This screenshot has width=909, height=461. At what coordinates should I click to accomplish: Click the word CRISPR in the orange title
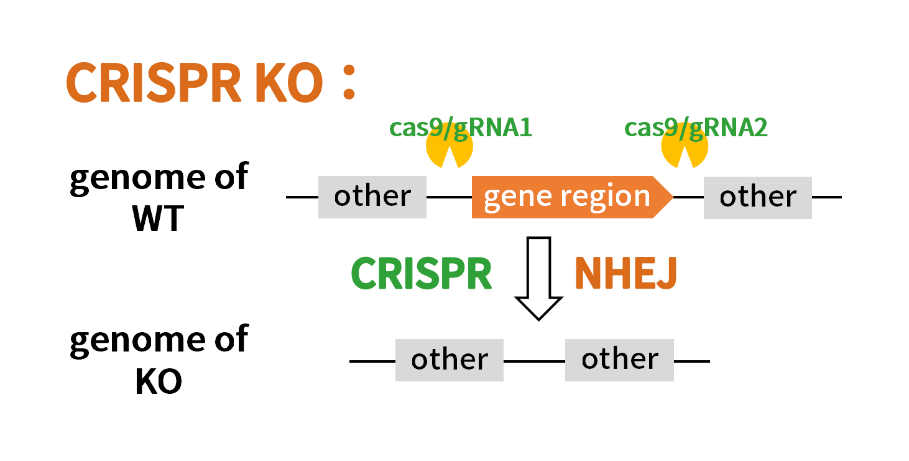(154, 83)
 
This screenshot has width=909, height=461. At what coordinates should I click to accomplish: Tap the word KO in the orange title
(289, 83)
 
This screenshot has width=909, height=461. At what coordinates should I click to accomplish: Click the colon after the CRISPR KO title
(349, 83)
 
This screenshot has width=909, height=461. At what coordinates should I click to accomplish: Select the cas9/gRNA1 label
(461, 128)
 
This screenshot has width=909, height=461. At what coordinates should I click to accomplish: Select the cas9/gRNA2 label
(696, 128)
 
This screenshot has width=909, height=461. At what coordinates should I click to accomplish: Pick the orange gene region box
(572, 197)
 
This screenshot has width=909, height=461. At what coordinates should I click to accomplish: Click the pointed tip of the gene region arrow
(673, 197)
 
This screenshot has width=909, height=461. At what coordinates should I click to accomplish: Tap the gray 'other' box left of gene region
(372, 197)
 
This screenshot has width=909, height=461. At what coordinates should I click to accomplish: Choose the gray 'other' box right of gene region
(758, 198)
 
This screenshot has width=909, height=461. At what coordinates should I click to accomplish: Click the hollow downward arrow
(538, 279)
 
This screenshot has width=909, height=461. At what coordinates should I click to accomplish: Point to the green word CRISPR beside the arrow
(421, 273)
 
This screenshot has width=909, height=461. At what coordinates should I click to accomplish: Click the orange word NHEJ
(625, 273)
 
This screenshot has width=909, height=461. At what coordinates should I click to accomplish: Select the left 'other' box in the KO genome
(450, 360)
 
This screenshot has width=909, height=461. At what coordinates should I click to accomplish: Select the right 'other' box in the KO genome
(619, 360)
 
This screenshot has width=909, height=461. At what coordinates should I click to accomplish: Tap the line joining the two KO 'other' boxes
(534, 361)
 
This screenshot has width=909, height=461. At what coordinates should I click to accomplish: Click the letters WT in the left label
(159, 218)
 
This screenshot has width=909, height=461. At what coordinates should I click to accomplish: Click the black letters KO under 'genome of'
(159, 381)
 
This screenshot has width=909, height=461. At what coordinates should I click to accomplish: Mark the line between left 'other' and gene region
(450, 197)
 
